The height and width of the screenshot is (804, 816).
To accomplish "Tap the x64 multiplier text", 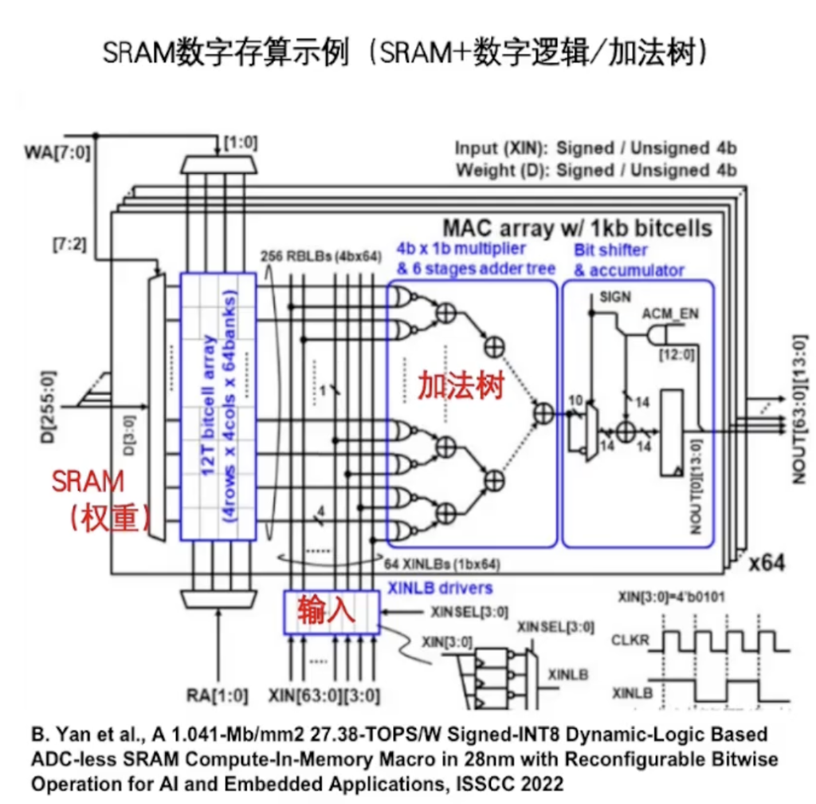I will coord(767,562).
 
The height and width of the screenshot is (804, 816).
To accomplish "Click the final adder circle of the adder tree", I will coord(544,412).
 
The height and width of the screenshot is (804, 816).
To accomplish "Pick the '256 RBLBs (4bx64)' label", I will coord(323,258).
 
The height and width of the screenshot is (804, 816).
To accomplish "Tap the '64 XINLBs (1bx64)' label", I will coord(443,564).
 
